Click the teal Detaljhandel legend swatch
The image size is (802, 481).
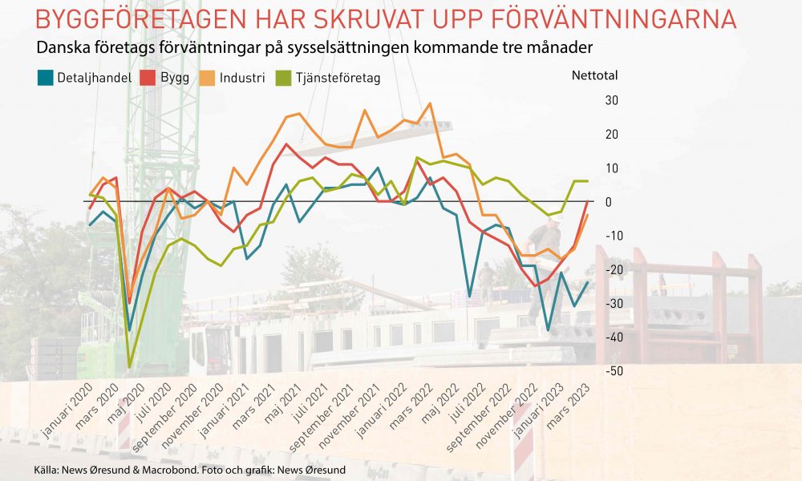tap(46, 79)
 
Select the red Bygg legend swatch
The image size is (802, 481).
tap(147, 79)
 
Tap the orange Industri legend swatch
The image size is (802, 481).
tap(206, 79)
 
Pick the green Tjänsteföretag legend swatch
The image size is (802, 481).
tap(282, 79)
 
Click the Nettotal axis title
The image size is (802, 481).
tap(594, 77)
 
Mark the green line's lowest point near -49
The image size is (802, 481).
tap(129, 367)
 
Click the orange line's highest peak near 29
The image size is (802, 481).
tap(430, 103)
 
